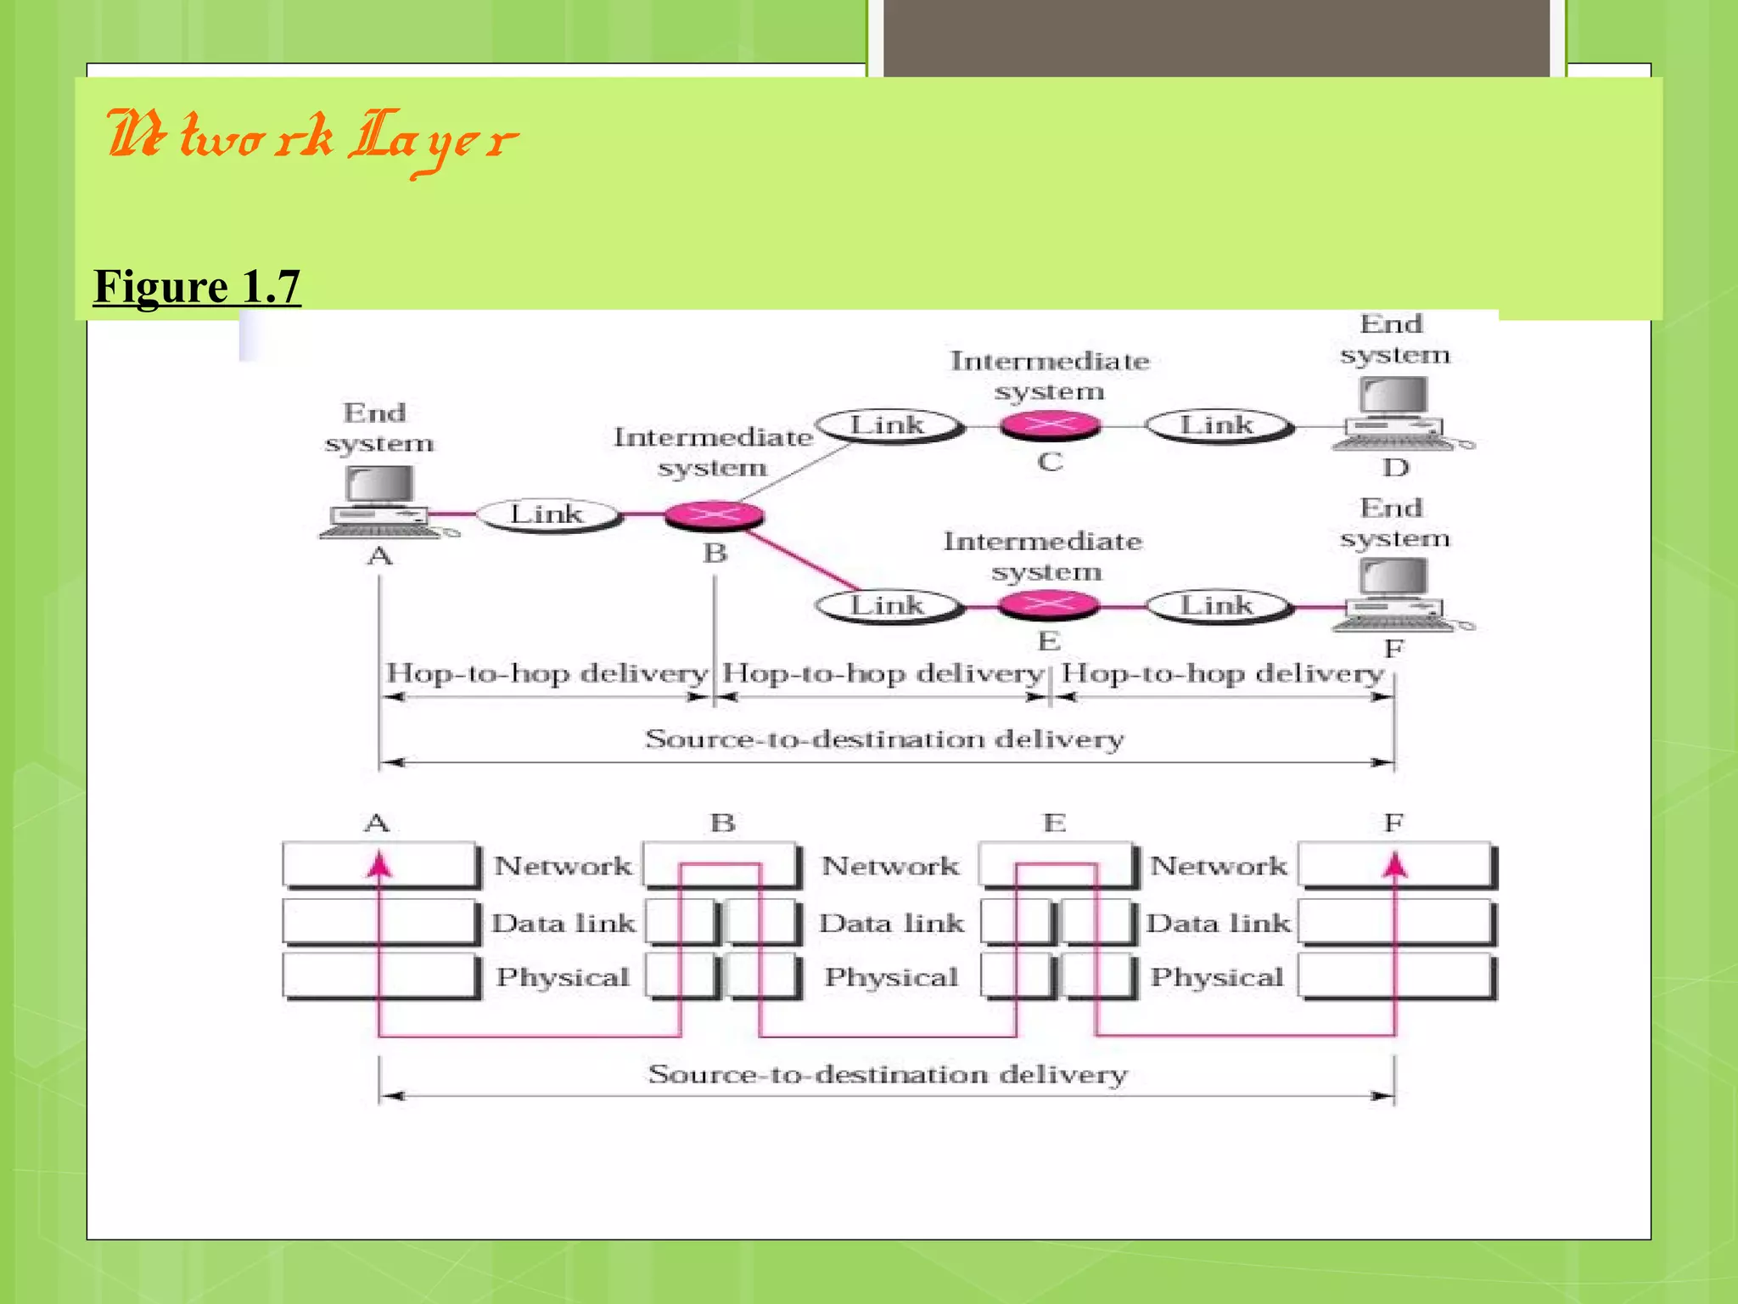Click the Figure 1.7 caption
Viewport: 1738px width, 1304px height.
[197, 286]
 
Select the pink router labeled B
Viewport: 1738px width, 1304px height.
[715, 514]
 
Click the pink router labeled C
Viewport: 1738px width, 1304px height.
[1050, 424]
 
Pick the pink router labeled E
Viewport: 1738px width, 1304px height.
[1049, 604]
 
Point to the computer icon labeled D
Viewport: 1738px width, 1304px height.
[1393, 413]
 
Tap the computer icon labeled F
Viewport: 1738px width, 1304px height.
[1393, 597]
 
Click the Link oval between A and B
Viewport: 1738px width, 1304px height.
[547, 514]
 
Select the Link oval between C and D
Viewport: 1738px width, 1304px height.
[1218, 425]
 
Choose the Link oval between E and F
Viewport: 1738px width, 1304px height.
[1218, 606]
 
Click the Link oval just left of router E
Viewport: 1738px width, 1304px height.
[888, 606]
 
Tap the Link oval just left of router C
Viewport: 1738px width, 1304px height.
[888, 425]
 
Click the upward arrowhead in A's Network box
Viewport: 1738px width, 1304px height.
[378, 865]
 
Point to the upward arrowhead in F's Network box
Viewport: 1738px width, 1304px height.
[1394, 865]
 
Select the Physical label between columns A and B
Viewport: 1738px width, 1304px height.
[563, 977]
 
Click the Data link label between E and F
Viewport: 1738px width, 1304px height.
[1218, 923]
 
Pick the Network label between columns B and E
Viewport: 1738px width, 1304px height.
[890, 866]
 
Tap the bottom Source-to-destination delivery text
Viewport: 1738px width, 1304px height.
[887, 1075]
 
